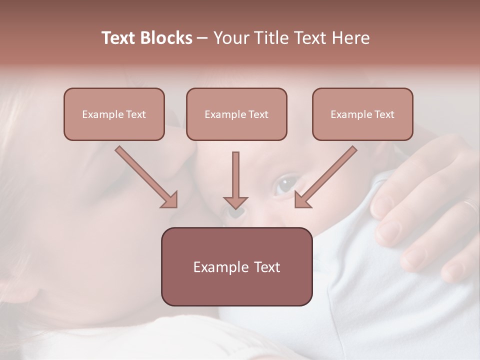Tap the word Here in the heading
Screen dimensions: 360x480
[x=350, y=38]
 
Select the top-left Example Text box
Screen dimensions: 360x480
[x=114, y=114]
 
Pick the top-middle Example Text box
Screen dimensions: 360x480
[x=236, y=114]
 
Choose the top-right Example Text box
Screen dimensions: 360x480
[x=362, y=114]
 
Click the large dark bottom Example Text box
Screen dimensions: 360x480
[x=236, y=266]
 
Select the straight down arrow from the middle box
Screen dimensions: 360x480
[x=235, y=180]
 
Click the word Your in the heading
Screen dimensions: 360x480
[x=231, y=38]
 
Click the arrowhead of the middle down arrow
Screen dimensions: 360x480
[x=235, y=202]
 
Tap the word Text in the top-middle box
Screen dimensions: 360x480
[x=258, y=114]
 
